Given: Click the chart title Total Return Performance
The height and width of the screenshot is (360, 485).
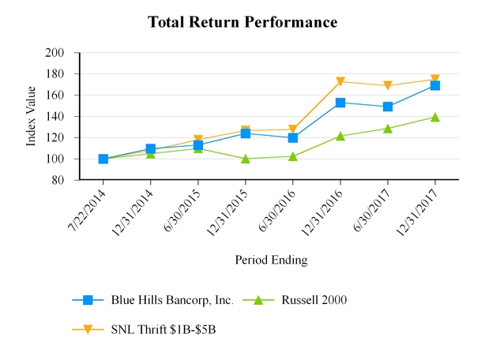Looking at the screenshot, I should (x=242, y=22).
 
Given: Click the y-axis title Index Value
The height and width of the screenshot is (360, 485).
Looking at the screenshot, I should (x=32, y=117).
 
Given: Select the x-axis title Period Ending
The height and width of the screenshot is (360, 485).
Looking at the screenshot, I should (x=271, y=260).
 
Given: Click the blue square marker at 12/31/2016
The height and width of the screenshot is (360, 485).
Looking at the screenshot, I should (x=340, y=103).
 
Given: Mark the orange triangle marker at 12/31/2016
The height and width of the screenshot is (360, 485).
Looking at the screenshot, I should (x=340, y=81).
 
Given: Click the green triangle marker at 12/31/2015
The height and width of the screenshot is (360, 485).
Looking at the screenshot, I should (x=246, y=159).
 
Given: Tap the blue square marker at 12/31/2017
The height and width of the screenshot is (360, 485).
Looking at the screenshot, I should (x=435, y=85).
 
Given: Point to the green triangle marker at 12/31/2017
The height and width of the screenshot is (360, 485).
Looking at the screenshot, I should (x=435, y=117).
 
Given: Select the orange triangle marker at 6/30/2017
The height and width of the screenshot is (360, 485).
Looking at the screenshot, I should (x=388, y=85).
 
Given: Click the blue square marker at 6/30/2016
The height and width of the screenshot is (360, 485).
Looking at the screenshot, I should (x=293, y=137).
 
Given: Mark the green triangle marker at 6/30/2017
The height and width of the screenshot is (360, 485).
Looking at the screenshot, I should (x=388, y=128).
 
